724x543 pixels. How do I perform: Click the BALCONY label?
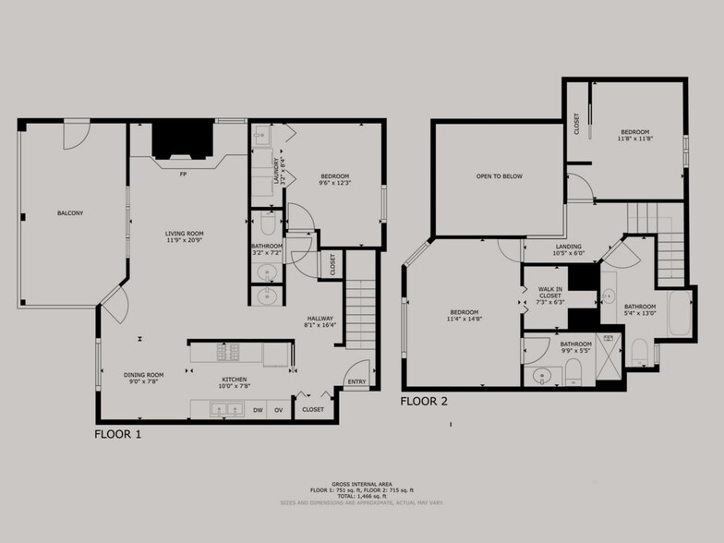click(70, 213)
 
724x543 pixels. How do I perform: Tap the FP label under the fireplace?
click(183, 173)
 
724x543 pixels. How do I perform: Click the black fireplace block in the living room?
click(182, 141)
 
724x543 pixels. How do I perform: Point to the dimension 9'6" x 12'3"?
click(334, 183)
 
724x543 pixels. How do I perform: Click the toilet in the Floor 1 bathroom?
click(267, 224)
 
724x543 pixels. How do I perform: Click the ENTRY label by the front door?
click(356, 380)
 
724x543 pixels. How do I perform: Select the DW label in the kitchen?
click(258, 408)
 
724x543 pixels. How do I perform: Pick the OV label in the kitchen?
click(278, 408)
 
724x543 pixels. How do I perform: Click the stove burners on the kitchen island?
click(227, 352)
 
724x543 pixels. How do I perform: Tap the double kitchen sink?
click(220, 409)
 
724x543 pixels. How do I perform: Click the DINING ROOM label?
click(143, 374)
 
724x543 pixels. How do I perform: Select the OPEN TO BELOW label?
click(500, 175)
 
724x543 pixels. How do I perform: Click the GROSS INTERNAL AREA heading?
click(361, 482)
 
